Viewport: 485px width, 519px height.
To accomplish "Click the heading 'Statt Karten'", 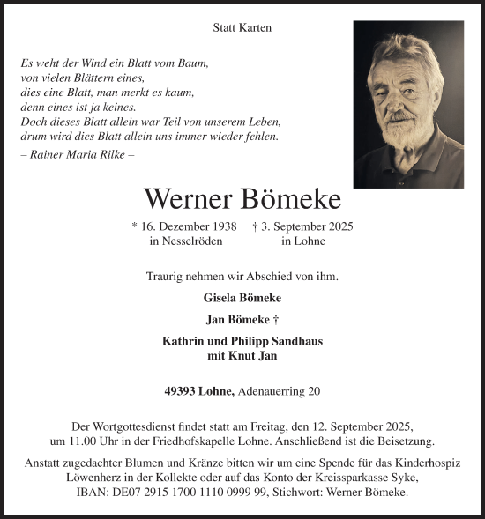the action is point(242,27).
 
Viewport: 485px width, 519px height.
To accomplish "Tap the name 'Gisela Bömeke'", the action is point(242,297).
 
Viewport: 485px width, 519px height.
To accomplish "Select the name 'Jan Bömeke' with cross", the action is point(242,319).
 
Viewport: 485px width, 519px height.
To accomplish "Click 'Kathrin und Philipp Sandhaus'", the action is point(242,341).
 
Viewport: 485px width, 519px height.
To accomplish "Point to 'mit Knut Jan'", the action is point(242,356).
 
